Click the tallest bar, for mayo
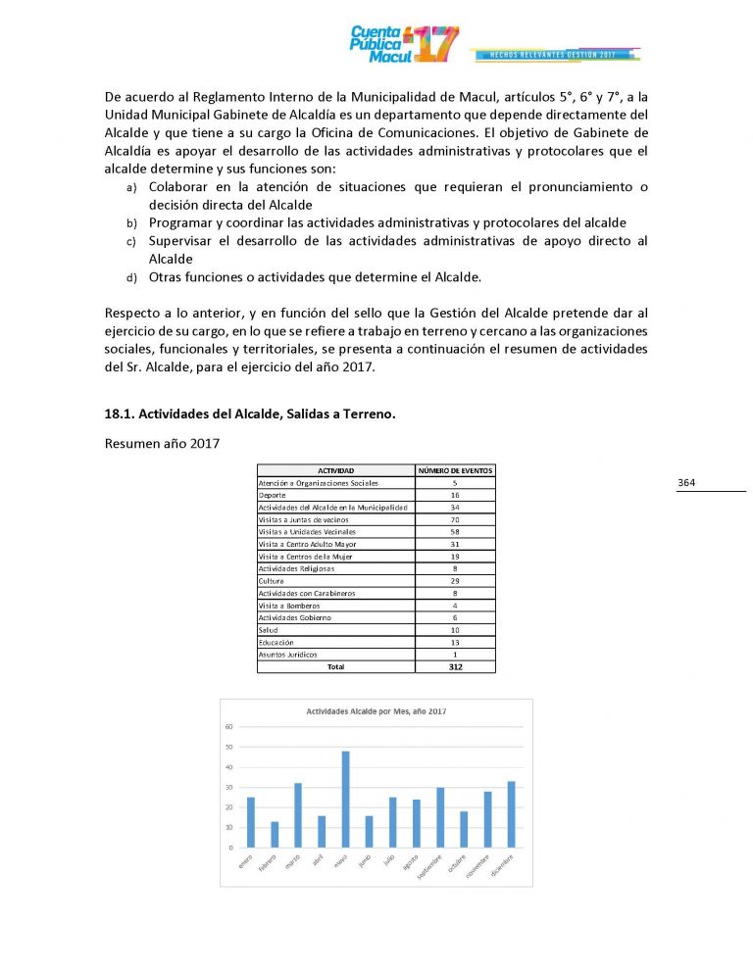point(345,800)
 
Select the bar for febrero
point(275,835)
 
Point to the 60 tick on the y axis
point(228,726)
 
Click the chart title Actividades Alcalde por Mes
point(376,710)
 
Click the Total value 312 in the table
point(455,666)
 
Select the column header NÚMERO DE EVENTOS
point(455,471)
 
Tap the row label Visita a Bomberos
point(288,606)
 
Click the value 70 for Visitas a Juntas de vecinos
point(455,519)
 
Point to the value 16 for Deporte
point(455,496)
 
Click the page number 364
point(686,483)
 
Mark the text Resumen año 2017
point(161,443)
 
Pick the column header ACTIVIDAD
point(335,471)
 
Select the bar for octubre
point(464,829)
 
